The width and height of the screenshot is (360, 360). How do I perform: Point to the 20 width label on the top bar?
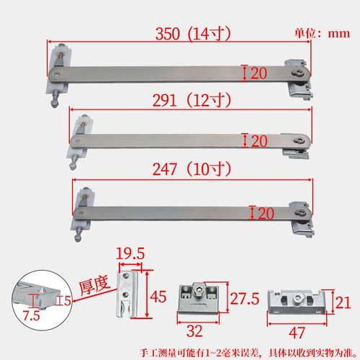(x=258, y=72)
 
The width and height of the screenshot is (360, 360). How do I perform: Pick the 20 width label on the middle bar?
(x=258, y=140)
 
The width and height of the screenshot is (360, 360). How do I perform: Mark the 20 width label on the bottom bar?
(x=266, y=212)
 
